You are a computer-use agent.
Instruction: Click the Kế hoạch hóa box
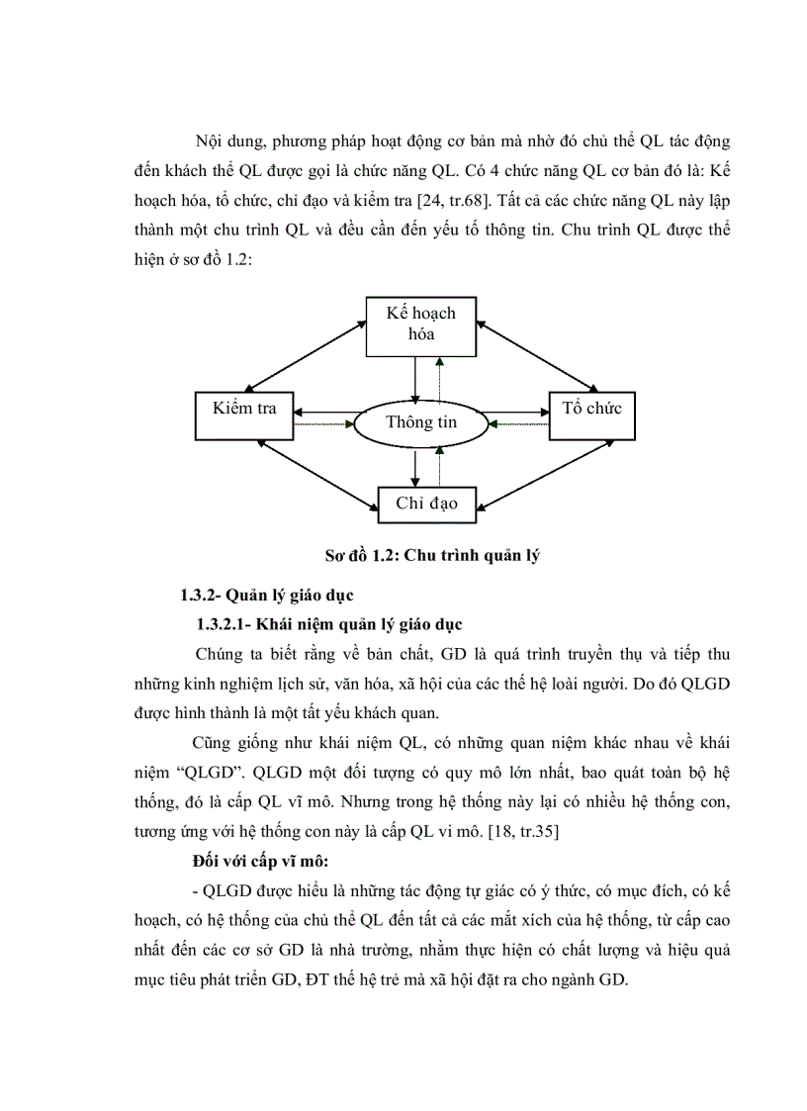pyautogui.click(x=420, y=324)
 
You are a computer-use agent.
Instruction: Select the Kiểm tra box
pyautogui.click(x=243, y=409)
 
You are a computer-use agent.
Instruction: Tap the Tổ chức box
pyautogui.click(x=591, y=409)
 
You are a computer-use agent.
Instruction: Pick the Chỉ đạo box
pyautogui.click(x=426, y=503)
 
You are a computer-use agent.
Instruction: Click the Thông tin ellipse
pyautogui.click(x=421, y=423)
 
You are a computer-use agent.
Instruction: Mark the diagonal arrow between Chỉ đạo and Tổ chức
pyautogui.click(x=535, y=475)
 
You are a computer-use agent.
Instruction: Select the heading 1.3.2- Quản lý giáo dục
pyautogui.click(x=261, y=595)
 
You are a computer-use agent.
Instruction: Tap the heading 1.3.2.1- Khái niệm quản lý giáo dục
pyautogui.click(x=329, y=624)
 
